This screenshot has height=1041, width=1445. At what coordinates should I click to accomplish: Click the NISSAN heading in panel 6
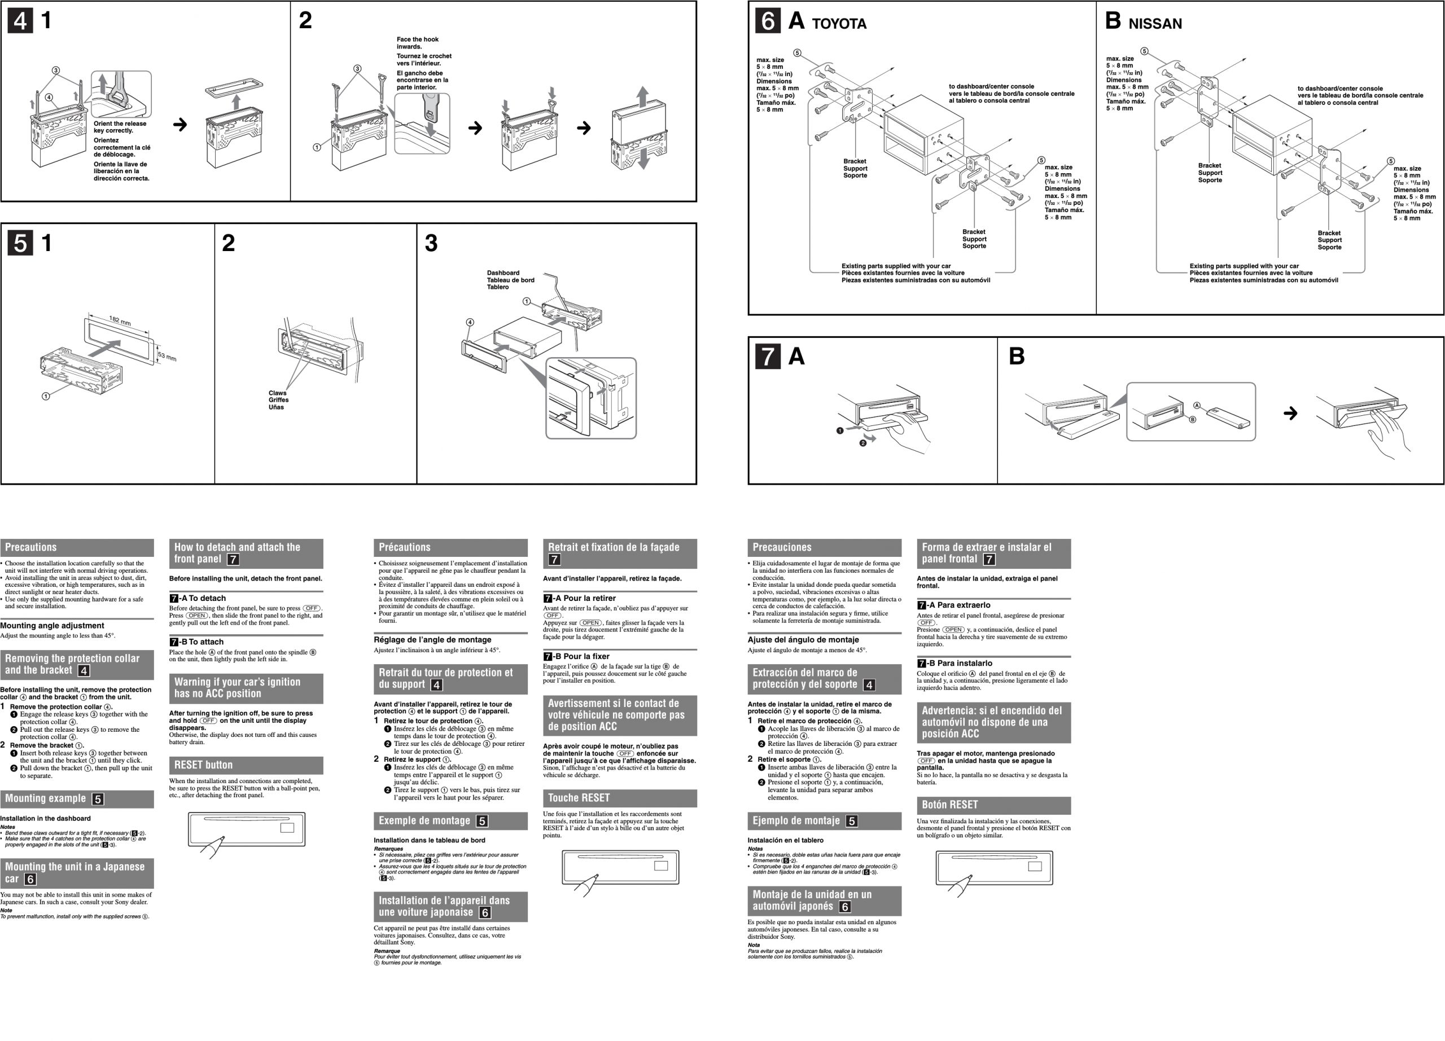click(x=1154, y=24)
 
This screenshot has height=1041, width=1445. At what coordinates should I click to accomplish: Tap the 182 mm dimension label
click(x=120, y=320)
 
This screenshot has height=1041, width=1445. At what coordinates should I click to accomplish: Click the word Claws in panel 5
click(x=277, y=393)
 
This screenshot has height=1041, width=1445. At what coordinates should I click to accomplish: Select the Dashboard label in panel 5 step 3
click(x=503, y=273)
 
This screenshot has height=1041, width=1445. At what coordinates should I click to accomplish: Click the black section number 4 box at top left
click(x=20, y=21)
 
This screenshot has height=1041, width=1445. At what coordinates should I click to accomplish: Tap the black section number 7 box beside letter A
click(x=768, y=356)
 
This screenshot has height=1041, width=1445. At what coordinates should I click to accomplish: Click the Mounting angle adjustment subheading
click(x=52, y=625)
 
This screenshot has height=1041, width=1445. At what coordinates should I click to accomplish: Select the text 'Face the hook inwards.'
click(x=417, y=43)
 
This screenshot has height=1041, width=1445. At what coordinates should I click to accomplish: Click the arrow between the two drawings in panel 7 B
click(x=1290, y=413)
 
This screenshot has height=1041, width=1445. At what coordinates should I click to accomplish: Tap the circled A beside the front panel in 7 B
click(x=1197, y=406)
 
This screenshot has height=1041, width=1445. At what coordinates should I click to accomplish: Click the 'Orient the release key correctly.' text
click(x=120, y=127)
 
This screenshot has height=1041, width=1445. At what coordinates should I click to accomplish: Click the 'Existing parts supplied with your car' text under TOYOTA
click(x=896, y=266)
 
